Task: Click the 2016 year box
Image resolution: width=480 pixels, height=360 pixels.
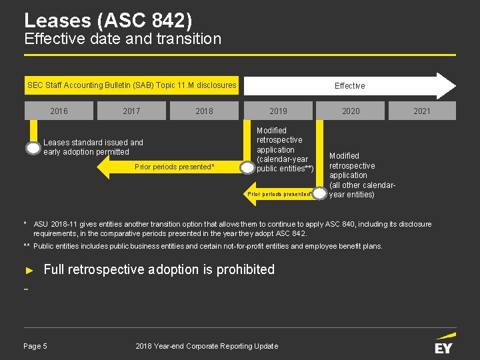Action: click(59, 111)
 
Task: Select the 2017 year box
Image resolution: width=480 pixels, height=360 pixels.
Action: click(131, 111)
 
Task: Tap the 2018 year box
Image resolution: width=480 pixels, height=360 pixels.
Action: click(204, 111)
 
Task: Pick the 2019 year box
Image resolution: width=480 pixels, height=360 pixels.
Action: click(278, 111)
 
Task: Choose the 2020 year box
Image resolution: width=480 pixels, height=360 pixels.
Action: click(351, 111)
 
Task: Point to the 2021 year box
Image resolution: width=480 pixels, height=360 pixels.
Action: click(422, 111)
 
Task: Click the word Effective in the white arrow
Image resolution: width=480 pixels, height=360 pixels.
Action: click(349, 86)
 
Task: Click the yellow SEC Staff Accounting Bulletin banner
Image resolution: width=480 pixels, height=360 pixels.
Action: click(131, 85)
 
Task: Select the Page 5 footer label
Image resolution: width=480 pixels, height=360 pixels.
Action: click(35, 346)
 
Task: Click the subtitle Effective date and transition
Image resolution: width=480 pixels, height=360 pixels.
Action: click(123, 39)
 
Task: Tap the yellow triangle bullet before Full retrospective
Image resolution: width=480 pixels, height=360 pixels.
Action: click(29, 270)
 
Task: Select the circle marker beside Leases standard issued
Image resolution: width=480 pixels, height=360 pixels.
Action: click(33, 148)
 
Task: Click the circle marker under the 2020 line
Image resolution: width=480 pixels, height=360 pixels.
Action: click(320, 193)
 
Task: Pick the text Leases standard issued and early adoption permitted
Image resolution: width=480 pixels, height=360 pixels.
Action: click(93, 147)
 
